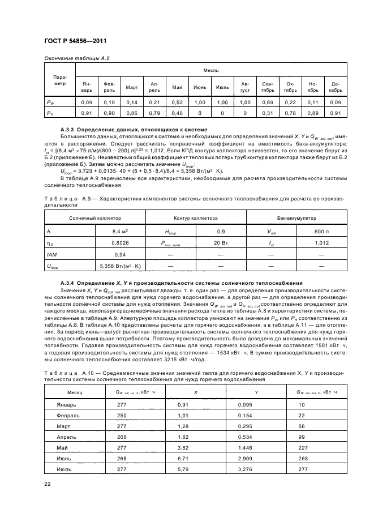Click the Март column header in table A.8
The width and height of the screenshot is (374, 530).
pos(132,87)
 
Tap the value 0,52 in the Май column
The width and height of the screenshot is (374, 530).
pos(177,102)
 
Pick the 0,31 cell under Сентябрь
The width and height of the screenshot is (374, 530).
pos(268,113)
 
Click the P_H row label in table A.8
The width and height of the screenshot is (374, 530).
pos(50,113)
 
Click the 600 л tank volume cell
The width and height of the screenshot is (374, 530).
pos(321,231)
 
